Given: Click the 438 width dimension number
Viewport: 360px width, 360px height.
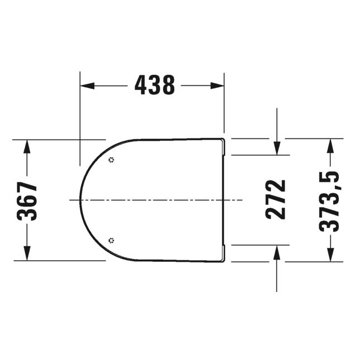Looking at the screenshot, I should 155,85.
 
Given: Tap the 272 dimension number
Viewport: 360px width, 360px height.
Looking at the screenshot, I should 276,199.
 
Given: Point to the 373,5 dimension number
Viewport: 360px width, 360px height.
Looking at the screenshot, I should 329,200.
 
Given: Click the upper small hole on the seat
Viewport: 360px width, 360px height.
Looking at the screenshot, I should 111,160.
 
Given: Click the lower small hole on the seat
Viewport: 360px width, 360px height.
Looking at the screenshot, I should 111,241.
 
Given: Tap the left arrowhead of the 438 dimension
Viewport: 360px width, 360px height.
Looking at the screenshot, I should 87,85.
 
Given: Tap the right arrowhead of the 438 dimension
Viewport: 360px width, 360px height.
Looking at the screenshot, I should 218,85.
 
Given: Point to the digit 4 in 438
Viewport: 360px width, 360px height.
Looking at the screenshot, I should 141,85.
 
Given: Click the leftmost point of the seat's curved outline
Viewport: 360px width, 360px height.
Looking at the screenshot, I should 81,200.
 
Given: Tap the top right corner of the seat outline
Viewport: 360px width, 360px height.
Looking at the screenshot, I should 224,139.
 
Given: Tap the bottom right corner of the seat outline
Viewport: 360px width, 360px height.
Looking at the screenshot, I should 224,261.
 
